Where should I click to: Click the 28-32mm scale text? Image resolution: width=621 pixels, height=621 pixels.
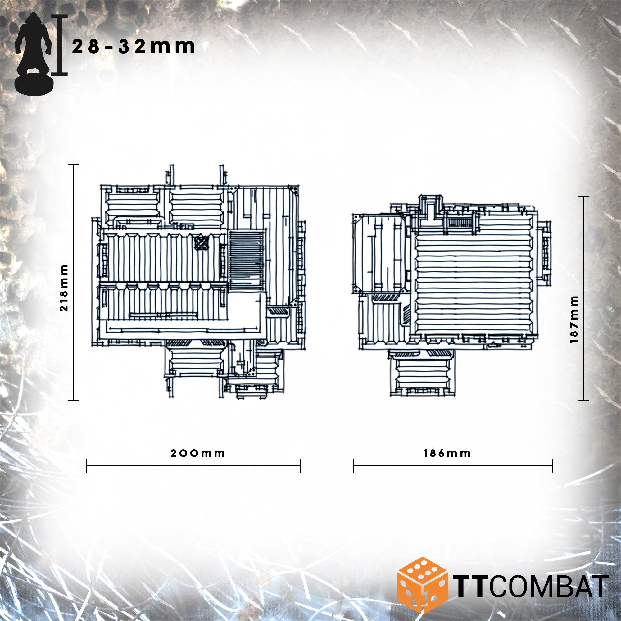click(x=134, y=47)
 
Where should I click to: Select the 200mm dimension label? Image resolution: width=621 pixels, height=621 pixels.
click(x=197, y=454)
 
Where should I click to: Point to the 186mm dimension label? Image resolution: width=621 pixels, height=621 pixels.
click(x=447, y=454)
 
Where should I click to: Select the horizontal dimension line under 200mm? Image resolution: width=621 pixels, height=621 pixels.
click(x=193, y=466)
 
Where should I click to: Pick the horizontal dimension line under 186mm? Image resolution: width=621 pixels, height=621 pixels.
click(x=453, y=466)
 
